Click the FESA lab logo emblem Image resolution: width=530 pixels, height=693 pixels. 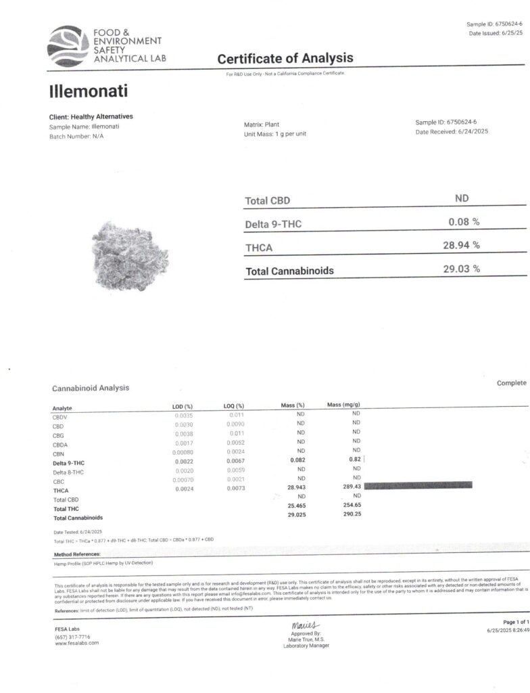pyautogui.click(x=68, y=45)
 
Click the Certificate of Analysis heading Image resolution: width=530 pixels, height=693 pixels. pyautogui.click(x=285, y=59)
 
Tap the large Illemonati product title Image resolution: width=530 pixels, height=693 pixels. pyautogui.click(x=89, y=90)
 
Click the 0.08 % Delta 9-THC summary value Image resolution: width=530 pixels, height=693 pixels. pyautogui.click(x=464, y=221)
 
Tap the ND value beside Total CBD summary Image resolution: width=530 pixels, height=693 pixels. pyautogui.click(x=462, y=198)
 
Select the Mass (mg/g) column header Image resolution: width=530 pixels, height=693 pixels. pyautogui.click(x=343, y=405)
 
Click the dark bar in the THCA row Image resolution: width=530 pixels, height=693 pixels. pyautogui.click(x=417, y=485)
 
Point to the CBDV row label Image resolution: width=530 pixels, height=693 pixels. pyautogui.click(x=62, y=417)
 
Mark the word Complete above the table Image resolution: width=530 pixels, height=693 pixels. pyautogui.click(x=511, y=383)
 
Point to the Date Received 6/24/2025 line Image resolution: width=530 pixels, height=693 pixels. pyautogui.click(x=451, y=131)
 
